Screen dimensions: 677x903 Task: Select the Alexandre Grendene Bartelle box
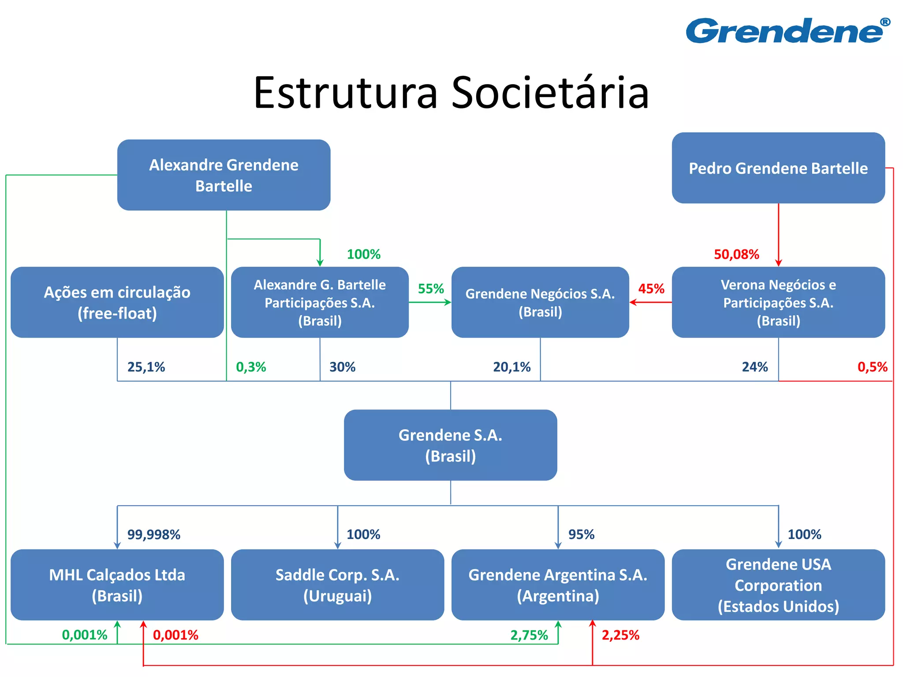(x=224, y=175)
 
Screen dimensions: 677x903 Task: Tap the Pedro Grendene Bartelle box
(x=778, y=168)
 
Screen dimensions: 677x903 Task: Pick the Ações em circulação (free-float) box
(x=117, y=302)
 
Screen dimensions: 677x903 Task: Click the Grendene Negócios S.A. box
(x=540, y=302)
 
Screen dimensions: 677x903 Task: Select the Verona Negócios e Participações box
(x=778, y=302)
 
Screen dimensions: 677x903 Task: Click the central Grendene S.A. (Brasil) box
(x=450, y=445)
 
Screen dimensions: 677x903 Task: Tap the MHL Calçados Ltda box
(x=117, y=585)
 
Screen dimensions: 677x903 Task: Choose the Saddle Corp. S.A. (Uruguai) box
(x=337, y=585)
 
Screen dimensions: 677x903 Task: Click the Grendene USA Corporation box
(x=778, y=585)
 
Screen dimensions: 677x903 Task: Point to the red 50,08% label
(x=736, y=254)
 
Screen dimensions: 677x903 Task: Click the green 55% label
(x=430, y=289)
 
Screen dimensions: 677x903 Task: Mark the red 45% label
(x=651, y=289)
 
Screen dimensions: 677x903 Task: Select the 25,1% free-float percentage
(x=146, y=367)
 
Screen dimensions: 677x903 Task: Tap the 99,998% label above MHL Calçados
(x=153, y=535)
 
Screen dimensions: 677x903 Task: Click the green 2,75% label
(x=529, y=635)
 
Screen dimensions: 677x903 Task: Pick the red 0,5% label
(x=872, y=367)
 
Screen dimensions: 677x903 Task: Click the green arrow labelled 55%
(x=430, y=302)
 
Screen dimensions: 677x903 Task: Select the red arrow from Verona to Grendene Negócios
(x=651, y=302)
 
